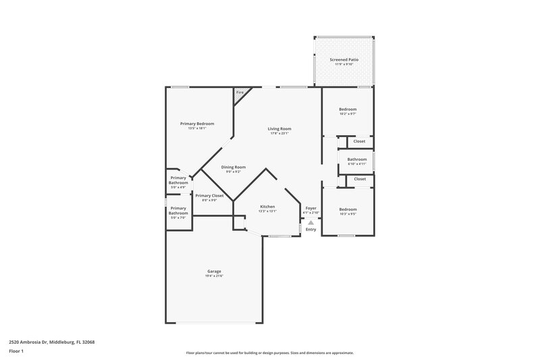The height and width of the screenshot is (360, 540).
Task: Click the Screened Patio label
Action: [344, 59]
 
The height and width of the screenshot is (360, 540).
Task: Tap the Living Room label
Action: [279, 128]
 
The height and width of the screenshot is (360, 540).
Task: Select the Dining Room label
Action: [234, 167]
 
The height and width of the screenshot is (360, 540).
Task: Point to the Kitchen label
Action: [267, 207]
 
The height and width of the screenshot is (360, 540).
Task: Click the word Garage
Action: [214, 272]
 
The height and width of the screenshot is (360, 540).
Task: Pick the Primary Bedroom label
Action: [197, 124]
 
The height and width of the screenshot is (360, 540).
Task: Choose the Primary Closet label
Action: [209, 195]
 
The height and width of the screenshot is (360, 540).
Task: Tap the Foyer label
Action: [310, 208]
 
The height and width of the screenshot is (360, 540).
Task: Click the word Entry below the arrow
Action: [310, 230]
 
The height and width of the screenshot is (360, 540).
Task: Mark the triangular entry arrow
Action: [310, 222]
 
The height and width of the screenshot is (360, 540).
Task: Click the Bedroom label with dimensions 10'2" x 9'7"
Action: [348, 109]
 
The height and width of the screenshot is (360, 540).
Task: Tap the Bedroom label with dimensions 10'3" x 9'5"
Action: [348, 209]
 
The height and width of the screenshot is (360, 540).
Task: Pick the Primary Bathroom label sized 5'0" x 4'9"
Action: [178, 181]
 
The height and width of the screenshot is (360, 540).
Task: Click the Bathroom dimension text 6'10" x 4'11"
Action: [356, 164]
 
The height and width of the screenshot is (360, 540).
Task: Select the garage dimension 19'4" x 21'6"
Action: [214, 276]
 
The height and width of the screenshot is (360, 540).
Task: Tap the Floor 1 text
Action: [16, 351]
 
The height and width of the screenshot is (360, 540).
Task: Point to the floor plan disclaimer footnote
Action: [269, 353]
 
